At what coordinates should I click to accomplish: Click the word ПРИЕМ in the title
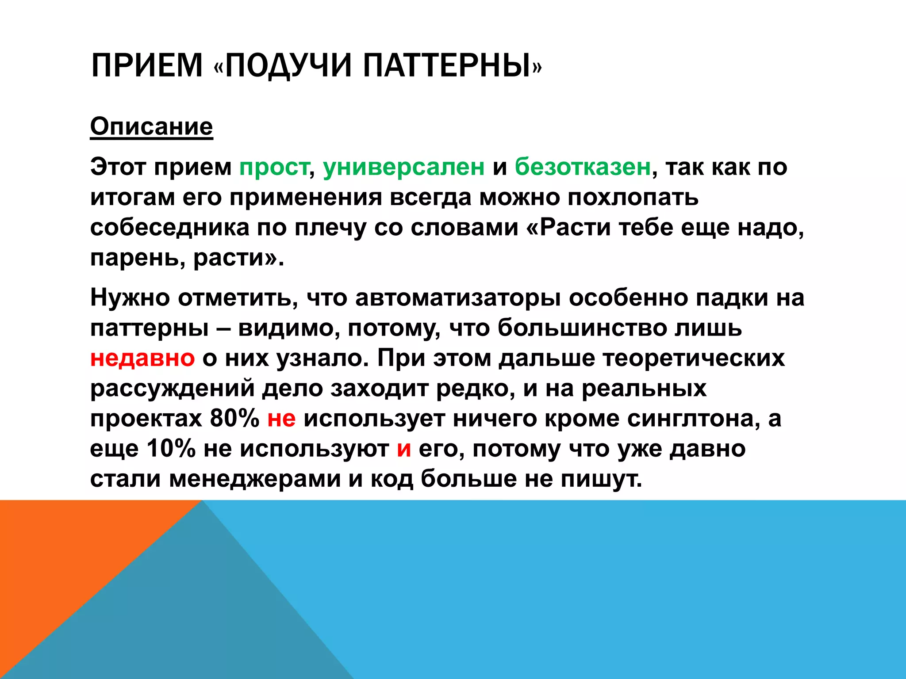click(146, 65)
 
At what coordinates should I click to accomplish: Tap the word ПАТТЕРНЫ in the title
click(447, 65)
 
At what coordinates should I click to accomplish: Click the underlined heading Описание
click(151, 126)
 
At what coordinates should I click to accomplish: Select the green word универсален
click(403, 167)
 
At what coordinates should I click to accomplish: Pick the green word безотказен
click(583, 167)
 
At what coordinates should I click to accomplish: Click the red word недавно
click(142, 358)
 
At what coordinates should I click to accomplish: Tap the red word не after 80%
click(281, 418)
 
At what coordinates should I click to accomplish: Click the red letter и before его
click(404, 449)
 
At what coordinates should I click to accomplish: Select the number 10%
click(171, 449)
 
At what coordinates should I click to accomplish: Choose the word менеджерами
click(255, 479)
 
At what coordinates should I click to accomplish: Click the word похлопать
click(633, 197)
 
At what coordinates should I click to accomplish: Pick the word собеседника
click(170, 228)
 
